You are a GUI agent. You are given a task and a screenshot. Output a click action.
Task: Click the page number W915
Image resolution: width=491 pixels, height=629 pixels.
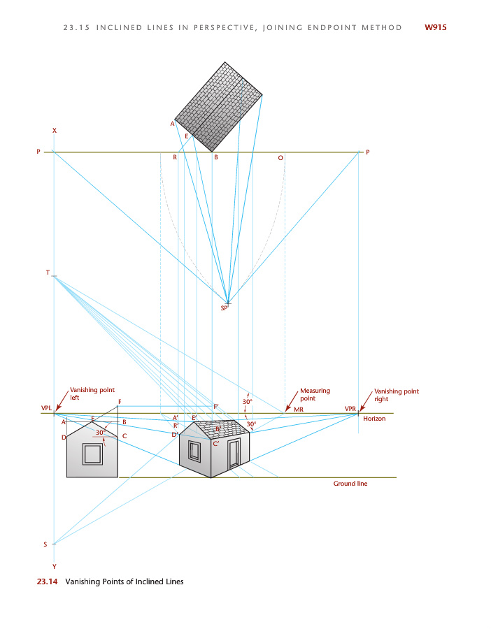point(435,28)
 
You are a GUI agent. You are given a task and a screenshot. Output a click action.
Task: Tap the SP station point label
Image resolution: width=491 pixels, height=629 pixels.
point(225,308)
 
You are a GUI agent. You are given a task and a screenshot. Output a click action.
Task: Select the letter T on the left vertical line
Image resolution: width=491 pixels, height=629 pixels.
point(48,273)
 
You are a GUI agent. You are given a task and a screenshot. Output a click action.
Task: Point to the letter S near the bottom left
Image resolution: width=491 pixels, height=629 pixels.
point(45,544)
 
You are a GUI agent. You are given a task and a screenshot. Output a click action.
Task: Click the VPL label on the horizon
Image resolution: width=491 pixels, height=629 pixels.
point(47,408)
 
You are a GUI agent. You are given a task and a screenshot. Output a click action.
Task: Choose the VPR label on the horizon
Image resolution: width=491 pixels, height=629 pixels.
point(350,408)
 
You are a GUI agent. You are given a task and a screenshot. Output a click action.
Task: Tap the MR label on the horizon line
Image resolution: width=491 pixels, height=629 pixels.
point(298,409)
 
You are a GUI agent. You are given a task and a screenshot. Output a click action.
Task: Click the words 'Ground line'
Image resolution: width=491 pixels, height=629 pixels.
point(350,484)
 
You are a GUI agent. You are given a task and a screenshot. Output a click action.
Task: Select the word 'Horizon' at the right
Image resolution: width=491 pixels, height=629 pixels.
point(374,419)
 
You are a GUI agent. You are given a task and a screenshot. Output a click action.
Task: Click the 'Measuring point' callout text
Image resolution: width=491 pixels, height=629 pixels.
point(315,395)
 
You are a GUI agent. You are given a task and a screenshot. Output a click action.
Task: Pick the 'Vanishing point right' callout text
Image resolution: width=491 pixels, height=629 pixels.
point(397,396)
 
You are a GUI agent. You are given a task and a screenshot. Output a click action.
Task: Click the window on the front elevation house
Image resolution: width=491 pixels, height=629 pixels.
point(92,454)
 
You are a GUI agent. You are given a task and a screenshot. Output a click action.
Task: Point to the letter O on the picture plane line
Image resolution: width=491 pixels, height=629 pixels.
point(280,158)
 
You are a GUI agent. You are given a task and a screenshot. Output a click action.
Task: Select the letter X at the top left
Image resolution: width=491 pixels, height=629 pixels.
point(54,131)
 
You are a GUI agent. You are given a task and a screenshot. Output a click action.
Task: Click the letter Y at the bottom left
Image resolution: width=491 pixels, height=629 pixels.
point(54,566)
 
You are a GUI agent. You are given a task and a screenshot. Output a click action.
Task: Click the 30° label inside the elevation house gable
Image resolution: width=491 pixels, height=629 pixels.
point(101,433)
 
